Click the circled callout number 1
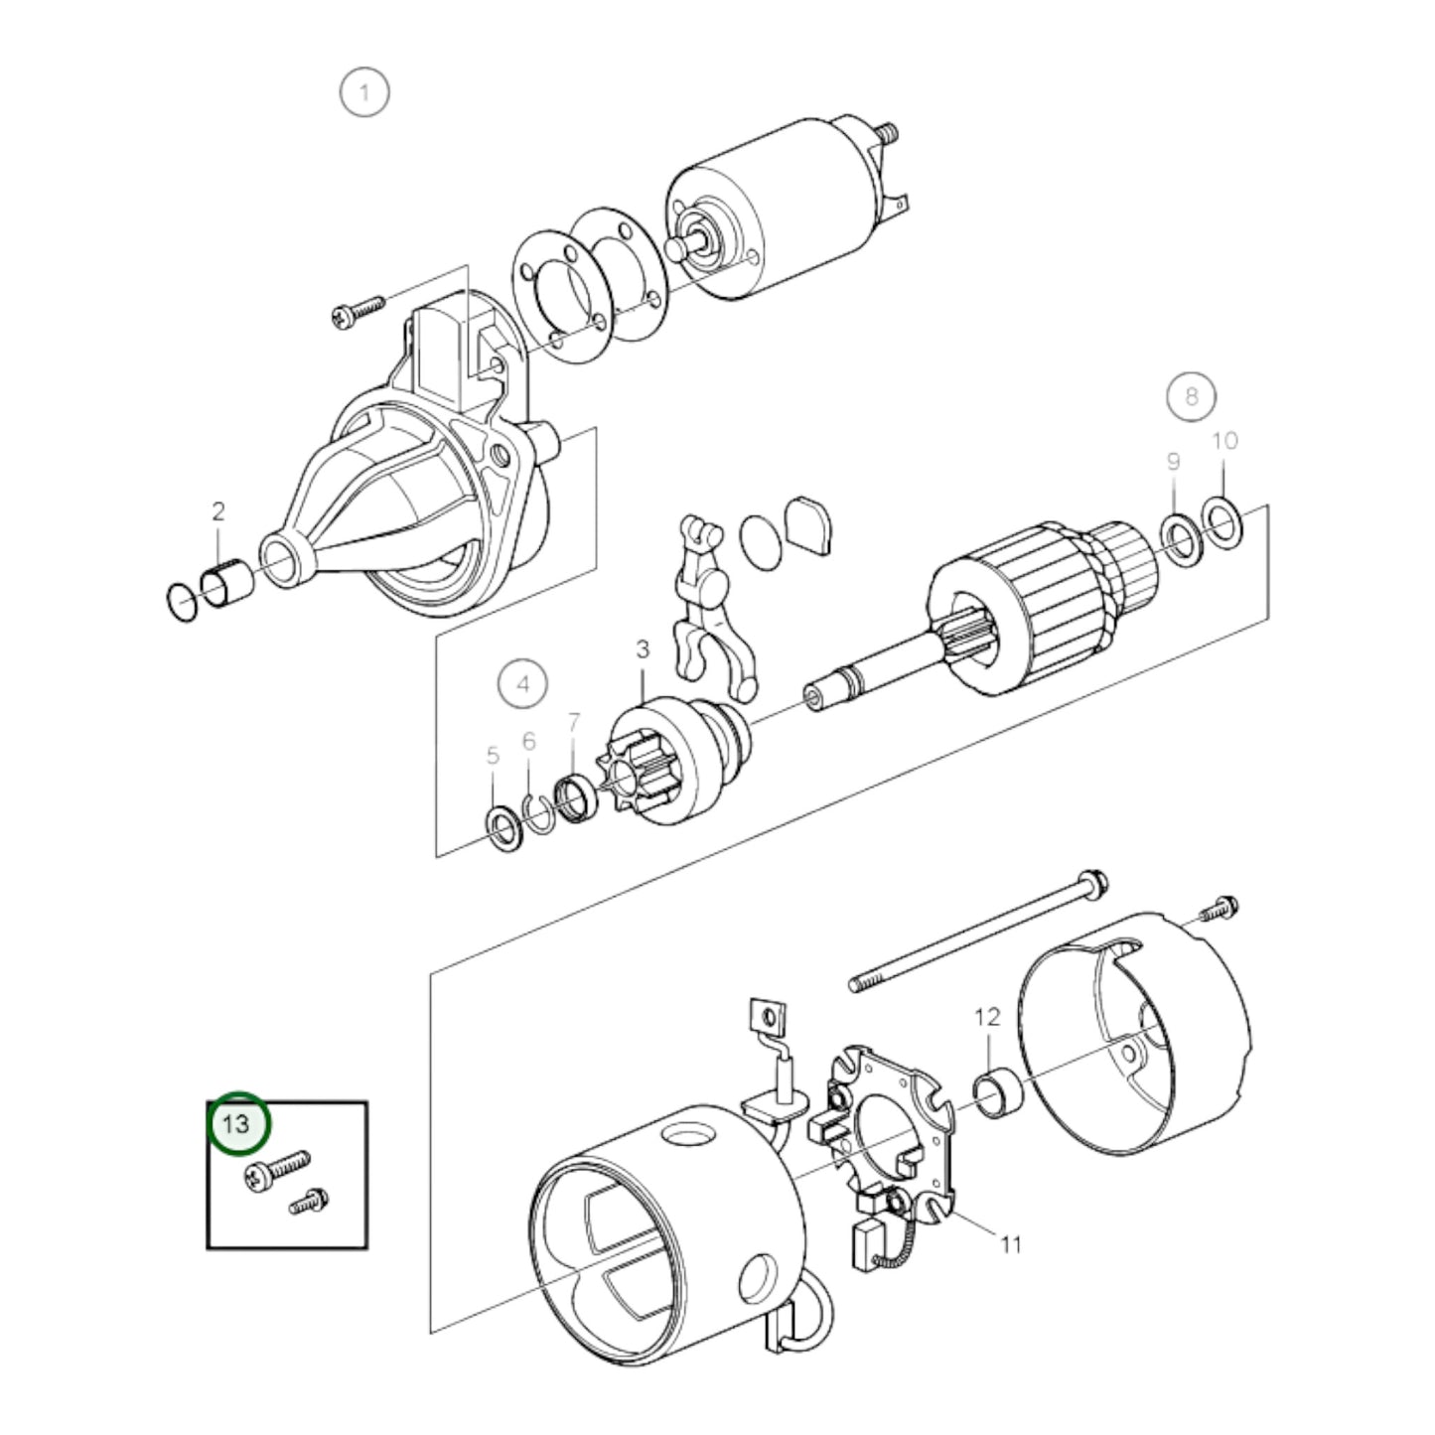click(x=364, y=93)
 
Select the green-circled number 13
click(x=237, y=1123)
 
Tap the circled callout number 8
click(x=1192, y=396)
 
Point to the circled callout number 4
click(x=522, y=683)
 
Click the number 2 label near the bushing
click(x=218, y=511)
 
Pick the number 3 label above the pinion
click(x=643, y=649)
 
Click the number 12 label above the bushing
click(x=987, y=1017)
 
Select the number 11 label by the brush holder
click(x=1011, y=1243)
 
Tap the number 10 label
click(x=1225, y=441)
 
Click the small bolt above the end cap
click(x=1220, y=908)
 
